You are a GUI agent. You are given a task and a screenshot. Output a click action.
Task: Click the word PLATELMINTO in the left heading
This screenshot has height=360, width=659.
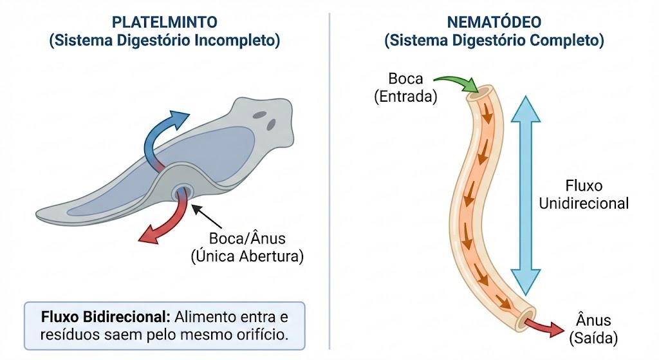[164, 22]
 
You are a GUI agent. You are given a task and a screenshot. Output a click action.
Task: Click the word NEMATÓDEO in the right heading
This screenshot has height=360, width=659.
[494, 22]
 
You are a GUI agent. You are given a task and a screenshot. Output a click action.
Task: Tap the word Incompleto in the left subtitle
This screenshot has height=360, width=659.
[237, 41]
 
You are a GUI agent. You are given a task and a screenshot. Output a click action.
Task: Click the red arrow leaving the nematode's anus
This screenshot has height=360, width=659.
[544, 327]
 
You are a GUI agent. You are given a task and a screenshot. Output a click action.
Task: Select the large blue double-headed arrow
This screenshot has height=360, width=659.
[525, 196]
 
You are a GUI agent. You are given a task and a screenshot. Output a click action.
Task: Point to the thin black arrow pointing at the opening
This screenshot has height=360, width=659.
[207, 216]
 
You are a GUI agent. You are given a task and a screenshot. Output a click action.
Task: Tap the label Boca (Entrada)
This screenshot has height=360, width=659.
[405, 88]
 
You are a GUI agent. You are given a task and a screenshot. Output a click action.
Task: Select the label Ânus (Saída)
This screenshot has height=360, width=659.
[593, 329]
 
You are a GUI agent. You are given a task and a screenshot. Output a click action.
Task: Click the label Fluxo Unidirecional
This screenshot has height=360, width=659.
[584, 194]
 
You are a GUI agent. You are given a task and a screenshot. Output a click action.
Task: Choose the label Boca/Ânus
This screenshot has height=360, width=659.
[247, 238]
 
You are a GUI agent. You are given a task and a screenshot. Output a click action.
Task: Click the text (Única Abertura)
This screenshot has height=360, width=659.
[247, 256]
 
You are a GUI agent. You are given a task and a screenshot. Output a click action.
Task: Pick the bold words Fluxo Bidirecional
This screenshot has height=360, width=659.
[106, 317]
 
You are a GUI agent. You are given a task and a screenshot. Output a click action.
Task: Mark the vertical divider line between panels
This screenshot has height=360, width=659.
[329, 181]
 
